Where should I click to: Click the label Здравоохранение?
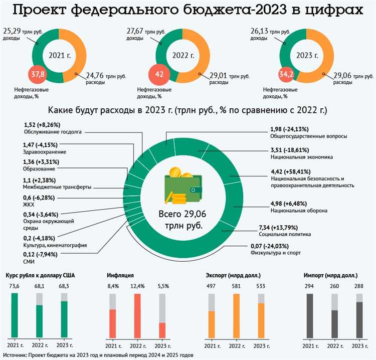click(45, 151)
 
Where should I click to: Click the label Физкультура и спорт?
click(276, 253)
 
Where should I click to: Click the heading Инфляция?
click(120, 275)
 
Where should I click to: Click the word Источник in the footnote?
click(19, 354)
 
